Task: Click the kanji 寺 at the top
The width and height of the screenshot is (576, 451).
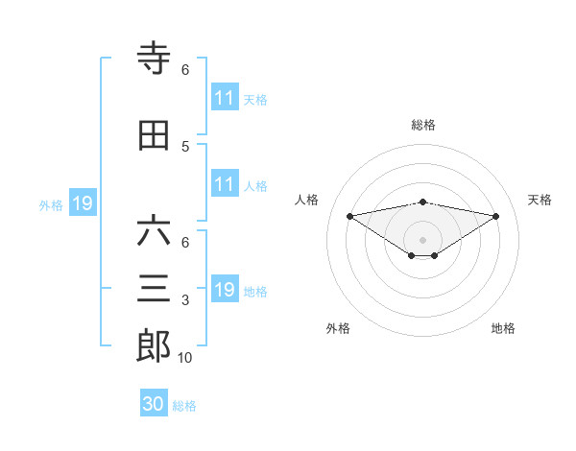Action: [x=155, y=59]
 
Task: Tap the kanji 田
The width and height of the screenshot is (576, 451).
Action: [x=155, y=135]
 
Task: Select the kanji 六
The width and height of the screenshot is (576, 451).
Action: [x=155, y=231]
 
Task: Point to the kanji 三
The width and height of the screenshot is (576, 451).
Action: [x=155, y=290]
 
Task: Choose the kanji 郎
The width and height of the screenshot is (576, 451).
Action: [x=155, y=346]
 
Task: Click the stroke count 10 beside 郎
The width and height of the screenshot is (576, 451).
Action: [x=185, y=358]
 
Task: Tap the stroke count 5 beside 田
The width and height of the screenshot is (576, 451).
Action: [x=185, y=146]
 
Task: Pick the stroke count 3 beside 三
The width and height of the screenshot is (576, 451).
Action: [x=185, y=300]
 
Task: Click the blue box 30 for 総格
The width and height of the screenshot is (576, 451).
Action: [x=154, y=405]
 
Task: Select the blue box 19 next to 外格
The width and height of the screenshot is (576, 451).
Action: [x=82, y=203]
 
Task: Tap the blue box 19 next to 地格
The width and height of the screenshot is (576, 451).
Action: [x=225, y=291]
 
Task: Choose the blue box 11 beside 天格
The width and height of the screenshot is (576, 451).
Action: [x=225, y=98]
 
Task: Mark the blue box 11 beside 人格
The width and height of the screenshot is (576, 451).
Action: [x=225, y=184]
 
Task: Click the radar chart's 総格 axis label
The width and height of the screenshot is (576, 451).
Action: [x=423, y=125]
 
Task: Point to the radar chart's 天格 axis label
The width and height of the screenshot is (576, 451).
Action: [x=540, y=200]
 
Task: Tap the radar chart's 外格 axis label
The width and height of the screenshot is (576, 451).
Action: [x=338, y=328]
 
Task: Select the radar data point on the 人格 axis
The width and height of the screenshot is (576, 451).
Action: [x=349, y=215]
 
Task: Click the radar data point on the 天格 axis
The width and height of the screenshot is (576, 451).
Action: [x=496, y=215]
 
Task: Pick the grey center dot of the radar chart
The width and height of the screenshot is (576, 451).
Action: [x=422, y=239]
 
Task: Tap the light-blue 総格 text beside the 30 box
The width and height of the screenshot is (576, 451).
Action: [x=184, y=406]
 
